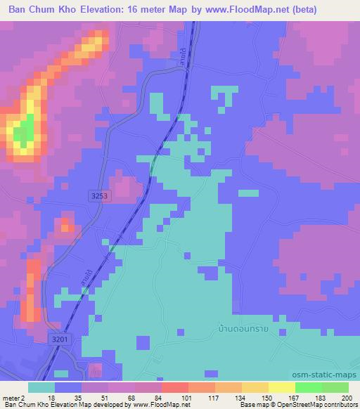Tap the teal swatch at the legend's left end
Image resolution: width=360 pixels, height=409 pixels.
[41, 387]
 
